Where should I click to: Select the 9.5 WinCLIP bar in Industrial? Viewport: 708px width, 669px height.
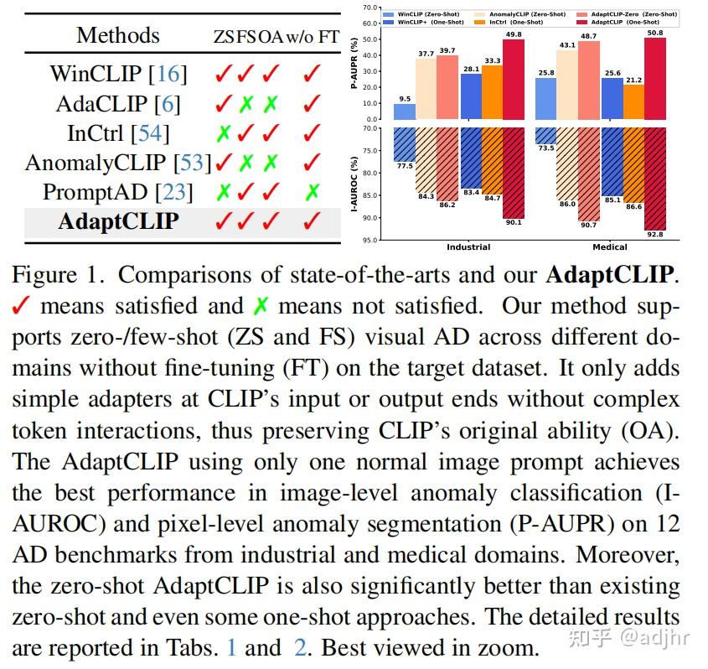coord(405,111)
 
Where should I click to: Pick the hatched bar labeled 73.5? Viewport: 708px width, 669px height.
coord(545,135)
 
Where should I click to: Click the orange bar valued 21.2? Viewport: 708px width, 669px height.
coord(633,101)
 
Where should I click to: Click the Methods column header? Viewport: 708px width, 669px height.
coord(117,35)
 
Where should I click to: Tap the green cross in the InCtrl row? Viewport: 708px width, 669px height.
coord(223,133)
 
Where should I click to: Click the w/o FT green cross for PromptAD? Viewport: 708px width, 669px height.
coord(313,192)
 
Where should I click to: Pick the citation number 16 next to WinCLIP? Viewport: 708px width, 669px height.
coord(168,74)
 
